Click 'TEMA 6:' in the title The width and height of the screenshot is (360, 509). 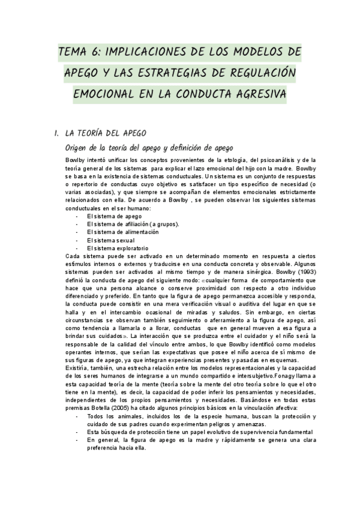pos(80,52)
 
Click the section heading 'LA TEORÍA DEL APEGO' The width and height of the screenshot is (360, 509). pos(105,133)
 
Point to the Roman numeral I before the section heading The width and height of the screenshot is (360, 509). pos(56,133)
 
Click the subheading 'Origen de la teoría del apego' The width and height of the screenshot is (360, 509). pos(149,148)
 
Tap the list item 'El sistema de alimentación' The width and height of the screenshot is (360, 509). pos(123,232)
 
